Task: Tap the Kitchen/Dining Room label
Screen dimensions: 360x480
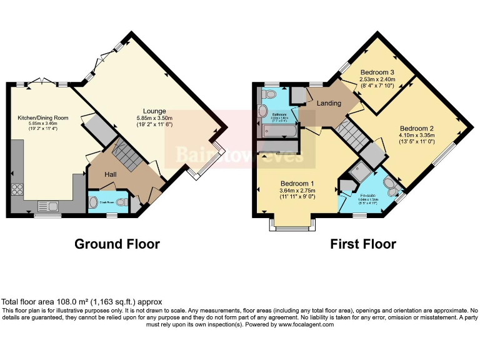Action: [42, 117]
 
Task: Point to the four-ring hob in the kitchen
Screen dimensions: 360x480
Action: [17, 188]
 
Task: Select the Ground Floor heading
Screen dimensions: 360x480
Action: [117, 244]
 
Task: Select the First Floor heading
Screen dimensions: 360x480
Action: [363, 244]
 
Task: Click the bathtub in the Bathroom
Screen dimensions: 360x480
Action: [279, 132]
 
